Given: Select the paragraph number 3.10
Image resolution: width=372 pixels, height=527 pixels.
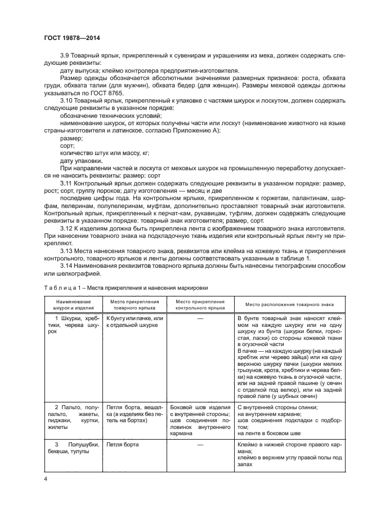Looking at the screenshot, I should click(x=67, y=100).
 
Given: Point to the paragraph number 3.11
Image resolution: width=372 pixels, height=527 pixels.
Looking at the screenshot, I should click(x=66, y=183).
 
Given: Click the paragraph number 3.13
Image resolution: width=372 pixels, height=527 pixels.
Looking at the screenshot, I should click(x=66, y=249).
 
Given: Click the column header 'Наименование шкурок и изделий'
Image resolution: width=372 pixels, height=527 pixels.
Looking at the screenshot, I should click(x=71, y=305).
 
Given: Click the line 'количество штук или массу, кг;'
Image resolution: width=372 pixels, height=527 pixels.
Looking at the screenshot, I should click(x=93, y=152).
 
